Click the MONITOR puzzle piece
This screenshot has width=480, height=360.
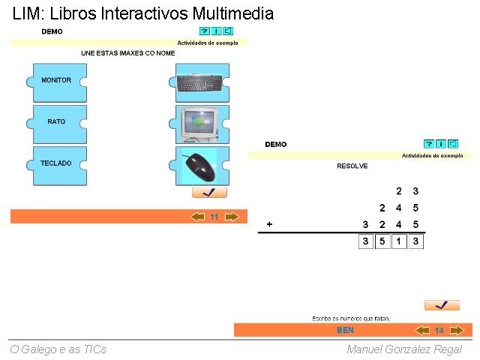click(x=57, y=80)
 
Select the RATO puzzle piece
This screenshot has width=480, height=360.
click(x=57, y=121)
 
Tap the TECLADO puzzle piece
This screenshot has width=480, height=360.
click(x=57, y=163)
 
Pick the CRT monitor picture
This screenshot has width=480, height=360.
click(x=199, y=123)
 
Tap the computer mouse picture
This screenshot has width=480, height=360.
click(x=199, y=165)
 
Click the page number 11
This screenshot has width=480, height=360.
click(x=214, y=217)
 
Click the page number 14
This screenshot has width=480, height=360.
click(x=439, y=330)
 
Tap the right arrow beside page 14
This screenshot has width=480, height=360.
click(x=456, y=330)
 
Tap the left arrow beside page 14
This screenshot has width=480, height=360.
click(x=422, y=330)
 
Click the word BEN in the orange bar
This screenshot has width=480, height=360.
click(x=345, y=330)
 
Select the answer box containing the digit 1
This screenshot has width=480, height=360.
click(x=399, y=241)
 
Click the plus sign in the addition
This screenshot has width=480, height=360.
click(x=269, y=224)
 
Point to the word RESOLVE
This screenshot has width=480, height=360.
click(x=352, y=166)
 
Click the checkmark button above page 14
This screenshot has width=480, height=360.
click(x=442, y=305)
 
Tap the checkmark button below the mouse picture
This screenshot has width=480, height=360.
click(x=209, y=193)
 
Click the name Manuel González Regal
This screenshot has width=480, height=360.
click(x=404, y=349)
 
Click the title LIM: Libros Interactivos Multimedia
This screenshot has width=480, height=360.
click(x=143, y=13)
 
